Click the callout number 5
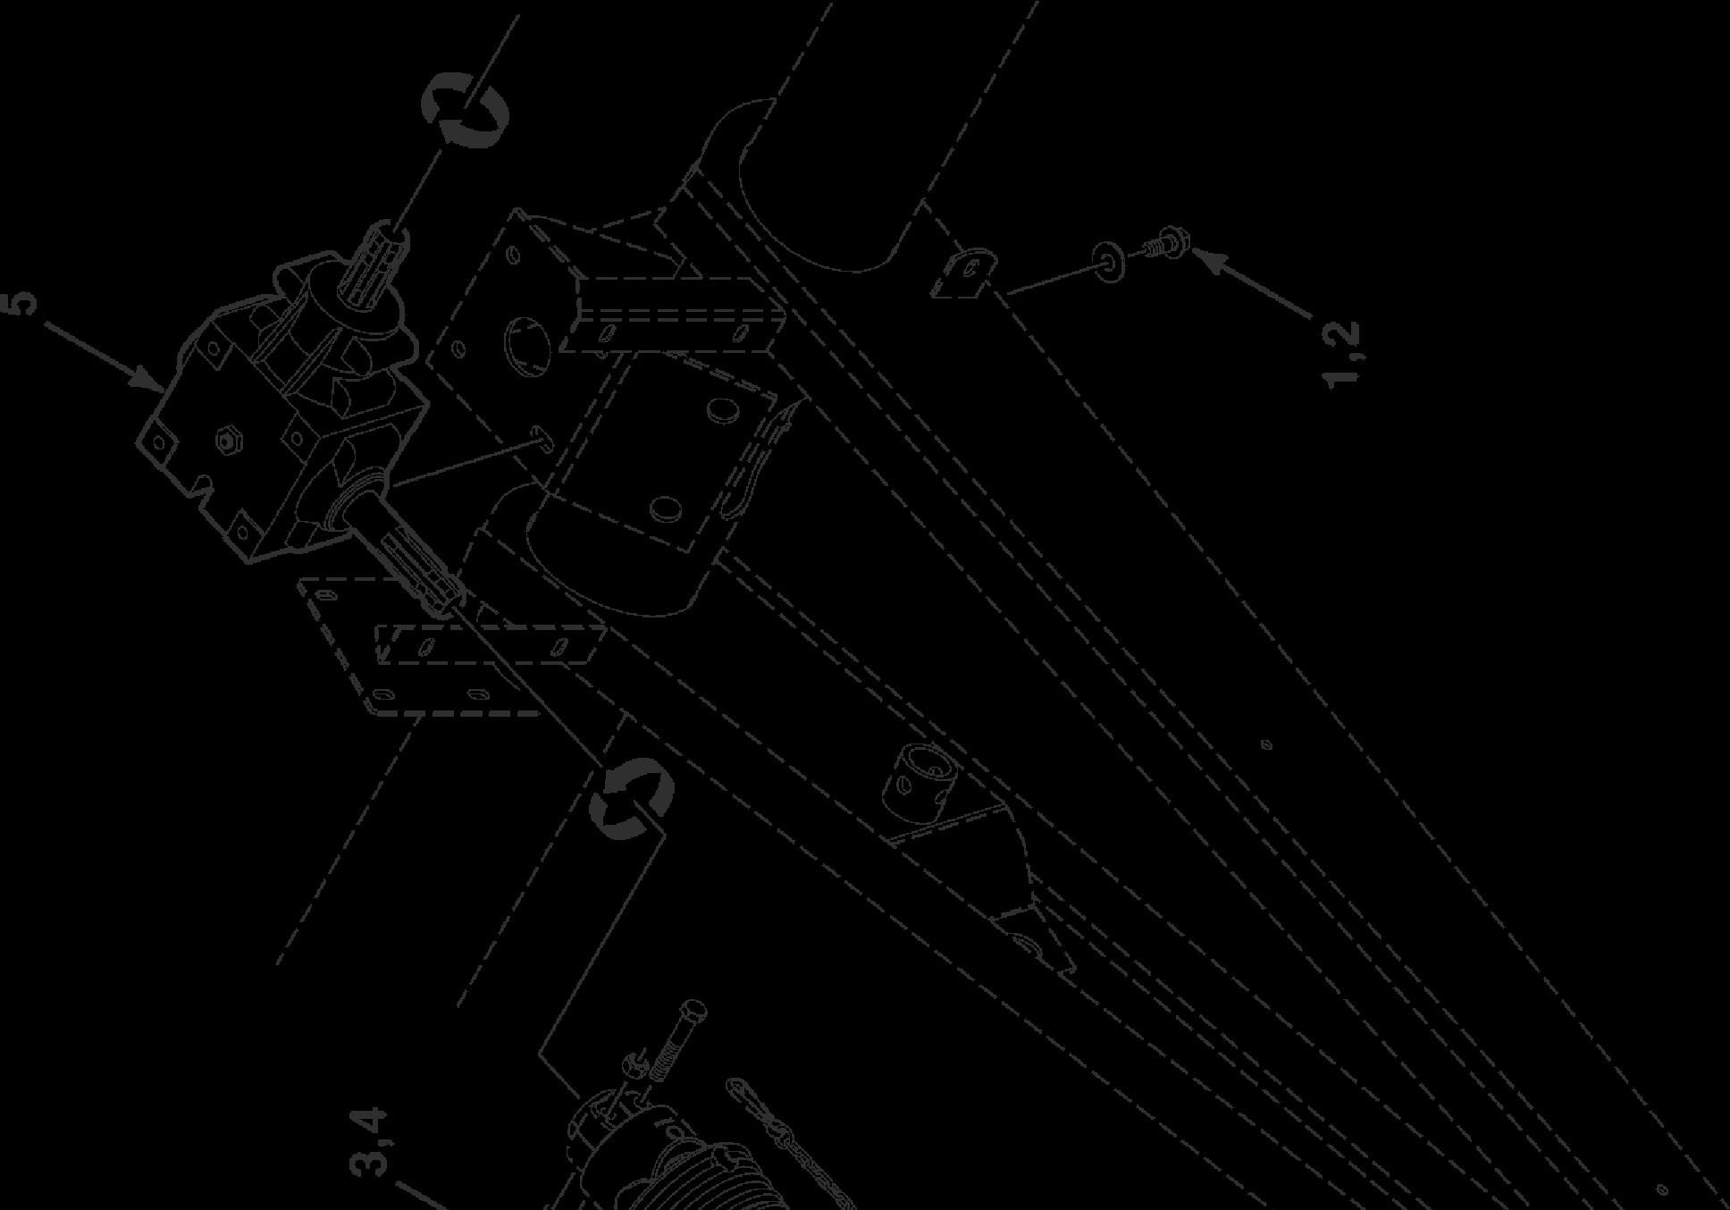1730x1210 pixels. [x=24, y=301]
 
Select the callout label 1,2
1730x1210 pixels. [x=1343, y=355]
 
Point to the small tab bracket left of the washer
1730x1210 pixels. [x=963, y=272]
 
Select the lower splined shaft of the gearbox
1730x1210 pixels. [x=420, y=563]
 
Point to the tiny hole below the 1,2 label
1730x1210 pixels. [x=1265, y=744]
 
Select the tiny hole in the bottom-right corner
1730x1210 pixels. [x=1661, y=1189]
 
